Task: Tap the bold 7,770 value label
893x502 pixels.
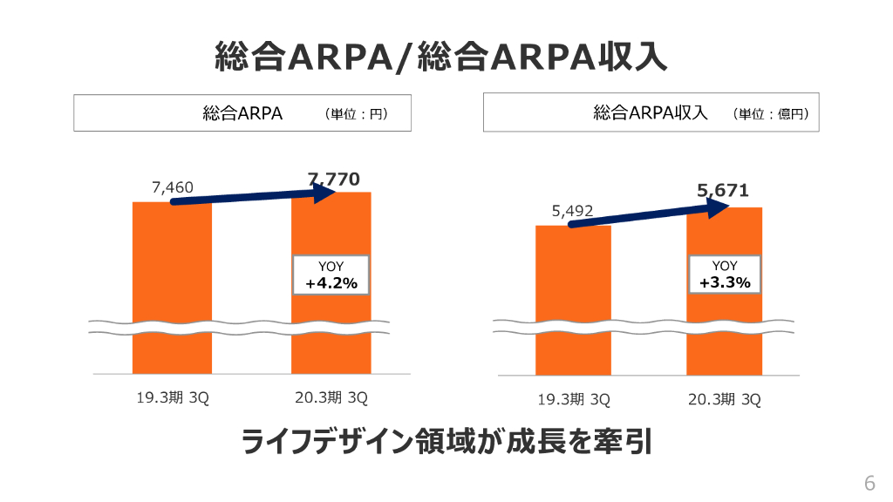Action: click(x=333, y=180)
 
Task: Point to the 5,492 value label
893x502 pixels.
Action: click(x=572, y=211)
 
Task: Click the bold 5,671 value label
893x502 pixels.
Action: click(x=723, y=190)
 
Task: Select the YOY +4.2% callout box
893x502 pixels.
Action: click(x=331, y=275)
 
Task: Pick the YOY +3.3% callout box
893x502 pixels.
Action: click(x=725, y=275)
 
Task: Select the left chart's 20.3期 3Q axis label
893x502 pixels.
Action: click(x=332, y=398)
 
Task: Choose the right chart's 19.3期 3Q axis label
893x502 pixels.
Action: click(x=573, y=400)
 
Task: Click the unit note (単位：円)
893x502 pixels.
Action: click(x=355, y=113)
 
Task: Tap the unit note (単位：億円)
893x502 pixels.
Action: click(x=771, y=113)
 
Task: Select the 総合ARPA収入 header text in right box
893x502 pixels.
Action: click(x=651, y=112)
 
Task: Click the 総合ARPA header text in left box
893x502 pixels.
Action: click(x=242, y=113)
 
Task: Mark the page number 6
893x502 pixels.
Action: click(x=869, y=484)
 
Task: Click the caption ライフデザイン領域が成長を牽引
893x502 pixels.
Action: click(x=446, y=441)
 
